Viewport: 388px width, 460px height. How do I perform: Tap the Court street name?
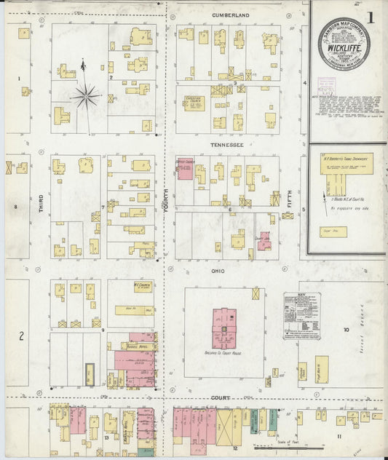[x=221, y=398]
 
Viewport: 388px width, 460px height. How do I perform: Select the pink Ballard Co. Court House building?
[x=223, y=328]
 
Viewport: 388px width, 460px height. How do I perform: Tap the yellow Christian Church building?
[x=194, y=103]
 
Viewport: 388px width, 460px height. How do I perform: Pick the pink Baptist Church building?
[x=185, y=169]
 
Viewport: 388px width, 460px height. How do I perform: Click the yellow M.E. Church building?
[x=143, y=287]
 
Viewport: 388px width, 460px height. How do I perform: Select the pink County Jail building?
[x=264, y=240]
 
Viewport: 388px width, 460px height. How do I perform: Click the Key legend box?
[x=301, y=316]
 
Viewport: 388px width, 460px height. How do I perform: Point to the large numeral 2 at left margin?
[x=22, y=336]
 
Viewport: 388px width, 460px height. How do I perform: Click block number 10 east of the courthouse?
[x=347, y=330]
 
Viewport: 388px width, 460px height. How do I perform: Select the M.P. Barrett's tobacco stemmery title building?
[x=347, y=164]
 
